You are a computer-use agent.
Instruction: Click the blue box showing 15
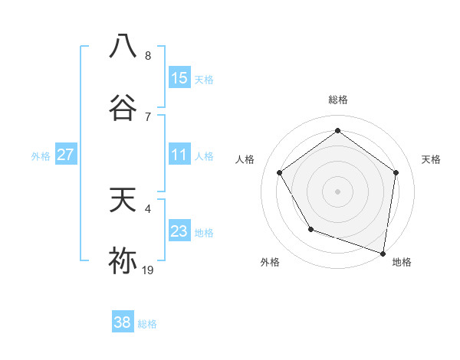[x=179, y=78]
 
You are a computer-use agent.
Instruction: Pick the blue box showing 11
[x=179, y=155]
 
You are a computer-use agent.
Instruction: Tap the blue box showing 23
[x=179, y=231]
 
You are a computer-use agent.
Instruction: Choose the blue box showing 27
[x=66, y=155]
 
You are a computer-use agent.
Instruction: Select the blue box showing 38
[x=123, y=322]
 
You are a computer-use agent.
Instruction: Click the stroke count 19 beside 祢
[x=148, y=270]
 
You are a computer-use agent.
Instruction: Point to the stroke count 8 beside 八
[x=148, y=56]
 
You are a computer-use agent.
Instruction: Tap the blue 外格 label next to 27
[x=41, y=156]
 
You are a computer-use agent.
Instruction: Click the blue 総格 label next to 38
[x=148, y=324]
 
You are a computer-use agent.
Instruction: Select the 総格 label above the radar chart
[x=337, y=100]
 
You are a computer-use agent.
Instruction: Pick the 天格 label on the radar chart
[x=432, y=159]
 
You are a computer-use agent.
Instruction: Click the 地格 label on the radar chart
[x=402, y=262]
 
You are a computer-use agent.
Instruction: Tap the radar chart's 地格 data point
[x=383, y=252]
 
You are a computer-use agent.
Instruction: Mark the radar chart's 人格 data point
[x=279, y=173]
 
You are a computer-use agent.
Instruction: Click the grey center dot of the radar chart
[x=337, y=191]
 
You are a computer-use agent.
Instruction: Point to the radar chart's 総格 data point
[x=337, y=130]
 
